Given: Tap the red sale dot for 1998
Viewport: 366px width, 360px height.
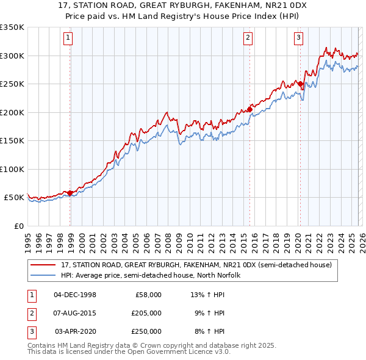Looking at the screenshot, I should coord(70,193).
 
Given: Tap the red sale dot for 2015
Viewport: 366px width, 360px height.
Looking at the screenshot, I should coord(250,109).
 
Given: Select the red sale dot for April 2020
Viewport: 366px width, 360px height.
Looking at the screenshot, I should coord(300,84).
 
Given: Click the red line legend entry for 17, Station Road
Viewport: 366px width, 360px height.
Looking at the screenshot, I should coord(196,265).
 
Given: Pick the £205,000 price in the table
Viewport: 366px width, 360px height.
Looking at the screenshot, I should coord(146,313).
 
